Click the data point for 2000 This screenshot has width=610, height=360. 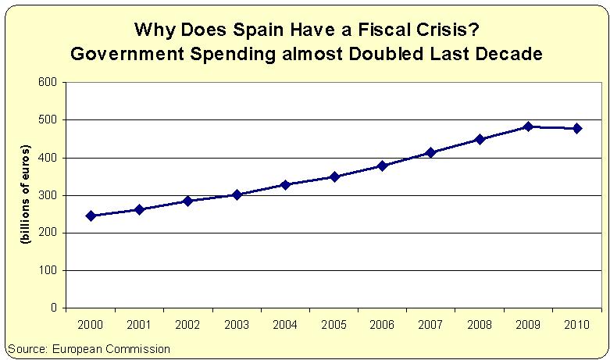91,216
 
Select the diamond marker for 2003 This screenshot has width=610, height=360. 237,194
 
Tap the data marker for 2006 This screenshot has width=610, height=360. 383,166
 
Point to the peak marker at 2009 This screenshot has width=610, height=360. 529,127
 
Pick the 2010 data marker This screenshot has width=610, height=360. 577,128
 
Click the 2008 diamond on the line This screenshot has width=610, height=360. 480,139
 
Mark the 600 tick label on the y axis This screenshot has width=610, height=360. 47,82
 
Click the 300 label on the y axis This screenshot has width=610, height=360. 47,195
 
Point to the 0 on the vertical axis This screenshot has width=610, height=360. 53,308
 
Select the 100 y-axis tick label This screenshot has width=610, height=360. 47,270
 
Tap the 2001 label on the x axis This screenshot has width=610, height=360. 139,323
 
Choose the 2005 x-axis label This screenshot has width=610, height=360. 334,323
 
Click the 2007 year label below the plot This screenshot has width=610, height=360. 431,323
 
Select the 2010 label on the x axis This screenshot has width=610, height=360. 577,323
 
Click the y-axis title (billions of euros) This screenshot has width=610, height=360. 26,195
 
